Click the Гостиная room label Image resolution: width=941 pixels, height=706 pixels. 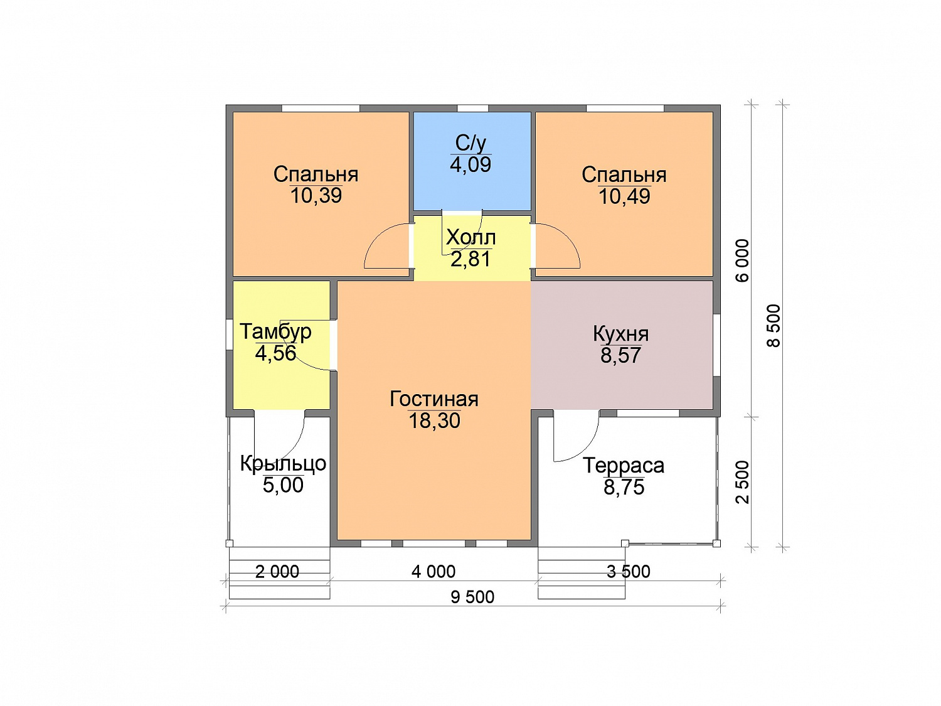point(434,399)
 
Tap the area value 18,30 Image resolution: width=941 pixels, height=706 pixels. point(434,421)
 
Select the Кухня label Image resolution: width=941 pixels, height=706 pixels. point(621,334)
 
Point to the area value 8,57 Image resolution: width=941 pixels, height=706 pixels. point(621,355)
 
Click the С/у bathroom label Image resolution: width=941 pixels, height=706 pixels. point(470,143)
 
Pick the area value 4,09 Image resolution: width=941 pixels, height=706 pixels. point(470,164)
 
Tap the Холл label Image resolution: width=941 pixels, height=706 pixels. point(470,237)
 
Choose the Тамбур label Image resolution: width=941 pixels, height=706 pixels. point(275,332)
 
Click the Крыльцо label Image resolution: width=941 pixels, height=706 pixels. point(283,464)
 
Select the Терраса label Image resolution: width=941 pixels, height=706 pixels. point(624,466)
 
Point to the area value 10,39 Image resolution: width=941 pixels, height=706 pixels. point(316,196)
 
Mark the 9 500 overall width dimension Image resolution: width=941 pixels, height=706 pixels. point(472,597)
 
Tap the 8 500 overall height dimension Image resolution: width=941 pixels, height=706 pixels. point(774,326)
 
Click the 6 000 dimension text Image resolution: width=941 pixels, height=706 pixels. point(742,260)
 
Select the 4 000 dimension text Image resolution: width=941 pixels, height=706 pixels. point(433,572)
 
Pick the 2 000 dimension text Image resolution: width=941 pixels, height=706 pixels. point(277,572)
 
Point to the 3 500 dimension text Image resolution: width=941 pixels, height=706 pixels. point(629,572)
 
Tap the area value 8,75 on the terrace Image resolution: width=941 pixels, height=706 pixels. point(624,488)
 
